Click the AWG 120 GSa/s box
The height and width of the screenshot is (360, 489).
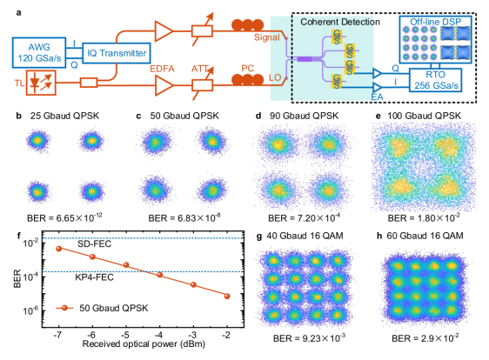tap(39, 53)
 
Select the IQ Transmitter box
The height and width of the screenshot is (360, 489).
tap(117, 53)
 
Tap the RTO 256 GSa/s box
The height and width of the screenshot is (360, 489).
tap(436, 80)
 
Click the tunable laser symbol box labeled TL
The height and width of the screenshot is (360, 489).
tap(41, 83)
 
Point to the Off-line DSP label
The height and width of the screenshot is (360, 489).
tap(435, 22)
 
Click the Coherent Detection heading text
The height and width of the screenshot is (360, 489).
tap(340, 22)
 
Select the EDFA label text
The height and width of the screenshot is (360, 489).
tap(162, 69)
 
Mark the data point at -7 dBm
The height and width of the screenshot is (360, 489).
tap(58, 249)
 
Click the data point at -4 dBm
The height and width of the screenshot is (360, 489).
tap(160, 275)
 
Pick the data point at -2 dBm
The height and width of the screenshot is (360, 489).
tap(227, 297)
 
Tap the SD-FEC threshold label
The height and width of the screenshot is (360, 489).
tap(94, 243)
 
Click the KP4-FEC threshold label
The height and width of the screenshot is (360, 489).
tap(94, 277)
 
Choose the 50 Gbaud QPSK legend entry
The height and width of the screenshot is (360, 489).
tap(102, 308)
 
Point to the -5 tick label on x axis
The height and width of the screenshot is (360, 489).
tap(125, 335)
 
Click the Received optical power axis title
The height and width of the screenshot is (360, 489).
tap(144, 343)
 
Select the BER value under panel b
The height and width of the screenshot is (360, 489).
tap(64, 217)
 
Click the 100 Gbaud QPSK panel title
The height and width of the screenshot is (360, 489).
tap(424, 116)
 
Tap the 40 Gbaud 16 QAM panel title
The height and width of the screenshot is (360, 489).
tap(305, 236)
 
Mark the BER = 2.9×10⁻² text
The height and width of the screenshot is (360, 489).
tap(425, 337)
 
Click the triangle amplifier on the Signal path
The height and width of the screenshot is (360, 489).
tap(164, 31)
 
